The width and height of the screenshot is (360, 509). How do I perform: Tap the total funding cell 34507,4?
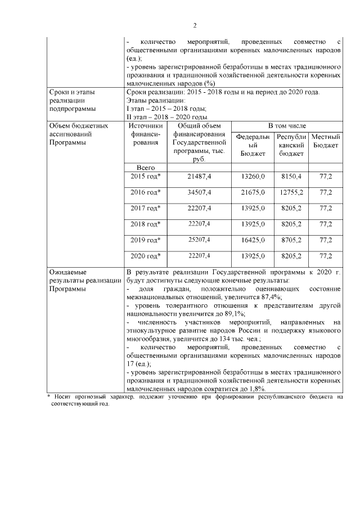(199, 192)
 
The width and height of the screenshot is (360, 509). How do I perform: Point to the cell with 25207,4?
(199, 240)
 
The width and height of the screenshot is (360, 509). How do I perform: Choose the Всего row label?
(146, 167)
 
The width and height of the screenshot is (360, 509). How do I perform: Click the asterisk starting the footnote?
(48, 397)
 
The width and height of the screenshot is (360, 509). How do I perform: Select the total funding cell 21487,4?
(199, 177)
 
